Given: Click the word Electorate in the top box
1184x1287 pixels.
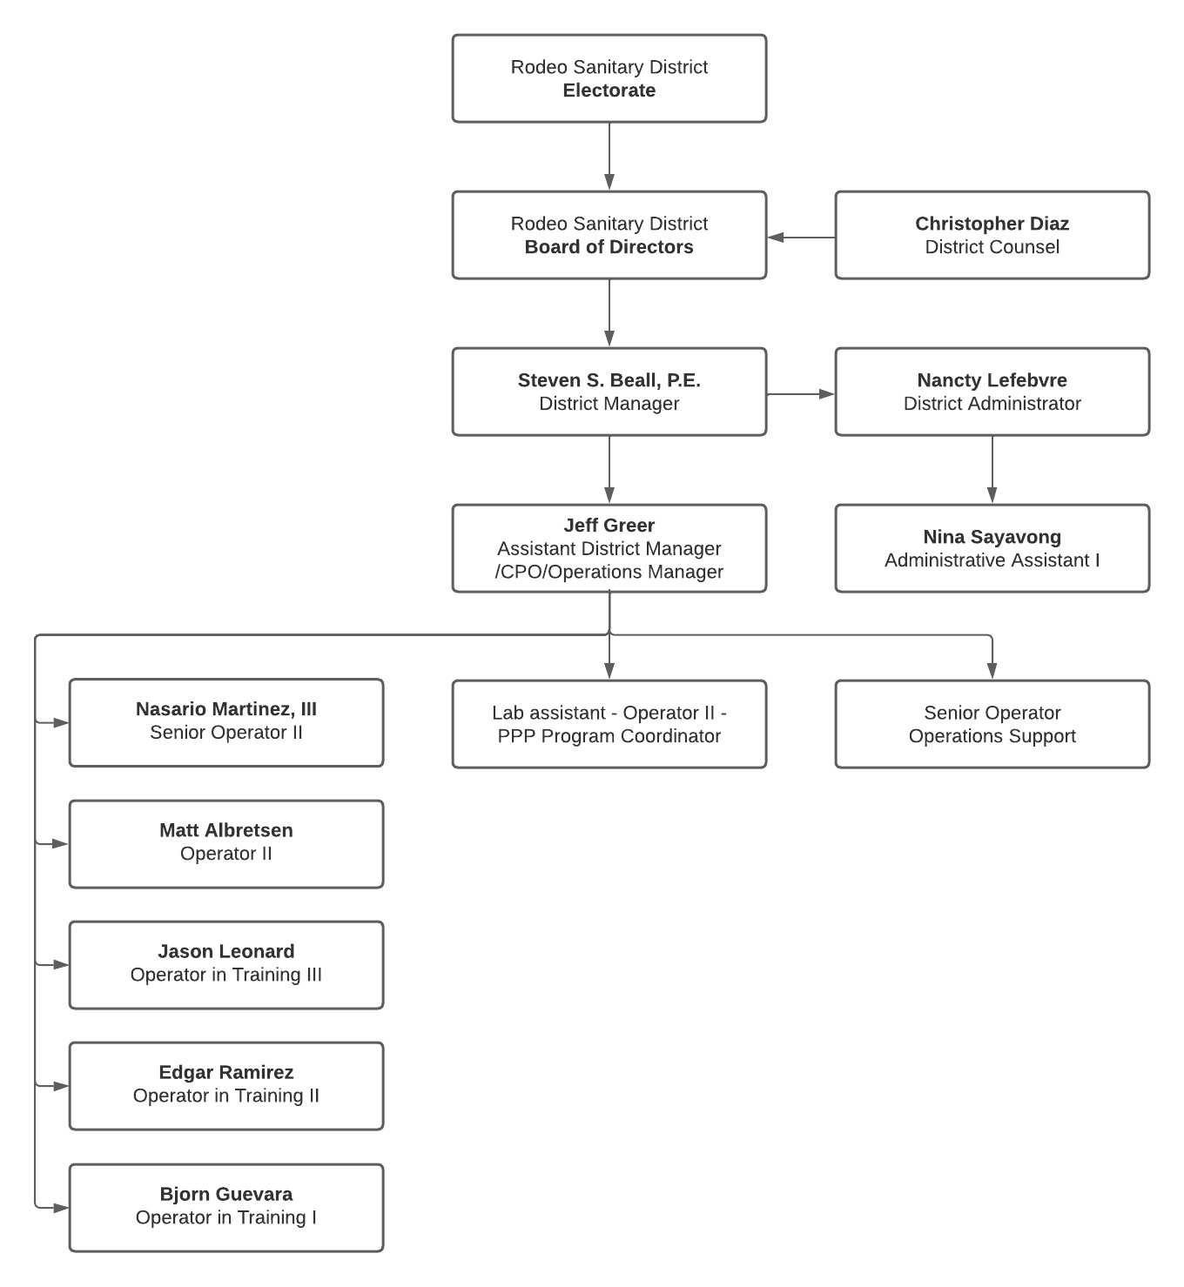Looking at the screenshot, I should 609,90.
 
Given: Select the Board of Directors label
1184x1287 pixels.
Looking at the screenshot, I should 609,247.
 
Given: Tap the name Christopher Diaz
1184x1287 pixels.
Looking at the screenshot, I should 992,224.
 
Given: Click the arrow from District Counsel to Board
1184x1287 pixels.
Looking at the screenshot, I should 800,237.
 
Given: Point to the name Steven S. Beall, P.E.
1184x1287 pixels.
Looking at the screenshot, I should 609,380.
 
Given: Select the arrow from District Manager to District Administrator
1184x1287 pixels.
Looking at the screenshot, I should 800,394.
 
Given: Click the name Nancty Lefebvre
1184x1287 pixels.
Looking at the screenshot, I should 992,380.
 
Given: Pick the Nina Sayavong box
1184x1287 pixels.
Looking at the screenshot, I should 992,548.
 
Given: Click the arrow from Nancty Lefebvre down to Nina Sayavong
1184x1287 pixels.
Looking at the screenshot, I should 992,470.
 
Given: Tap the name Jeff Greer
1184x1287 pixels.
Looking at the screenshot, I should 609,526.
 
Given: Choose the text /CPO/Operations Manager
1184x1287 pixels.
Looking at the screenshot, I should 609,572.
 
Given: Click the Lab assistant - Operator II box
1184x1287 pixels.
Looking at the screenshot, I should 609,724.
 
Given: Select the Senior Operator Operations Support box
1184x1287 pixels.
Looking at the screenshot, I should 992,724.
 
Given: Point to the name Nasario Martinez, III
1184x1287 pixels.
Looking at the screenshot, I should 225,709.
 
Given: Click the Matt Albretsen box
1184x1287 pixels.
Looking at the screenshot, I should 225,843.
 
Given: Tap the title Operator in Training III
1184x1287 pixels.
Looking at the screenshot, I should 225,975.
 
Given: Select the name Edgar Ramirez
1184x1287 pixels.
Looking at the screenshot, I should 225,1072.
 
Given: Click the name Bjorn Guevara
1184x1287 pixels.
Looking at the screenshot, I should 225,1194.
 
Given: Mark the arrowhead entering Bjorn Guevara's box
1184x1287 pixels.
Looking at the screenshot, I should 61,1208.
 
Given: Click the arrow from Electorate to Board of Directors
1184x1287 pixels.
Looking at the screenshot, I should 609,157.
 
